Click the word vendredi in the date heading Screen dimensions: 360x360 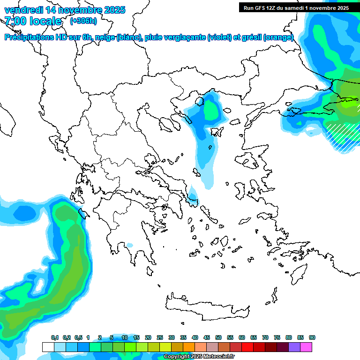[x=21, y=10]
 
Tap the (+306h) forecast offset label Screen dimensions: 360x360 [x=83, y=21]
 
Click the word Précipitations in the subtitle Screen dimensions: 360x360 [x=28, y=37]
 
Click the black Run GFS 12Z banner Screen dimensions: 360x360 [x=296, y=7]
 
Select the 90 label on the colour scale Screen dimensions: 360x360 [x=312, y=337]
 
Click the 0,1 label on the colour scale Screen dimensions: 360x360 [x=55, y=337]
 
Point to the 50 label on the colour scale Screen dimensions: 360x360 [x=218, y=337]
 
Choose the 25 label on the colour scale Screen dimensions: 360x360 [x=160, y=337]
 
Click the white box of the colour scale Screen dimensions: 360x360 [x=48, y=347]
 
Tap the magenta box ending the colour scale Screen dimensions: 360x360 [x=306, y=347]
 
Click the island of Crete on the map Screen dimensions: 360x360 [x=206, y=307]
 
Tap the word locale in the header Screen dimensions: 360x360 [x=45, y=21]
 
